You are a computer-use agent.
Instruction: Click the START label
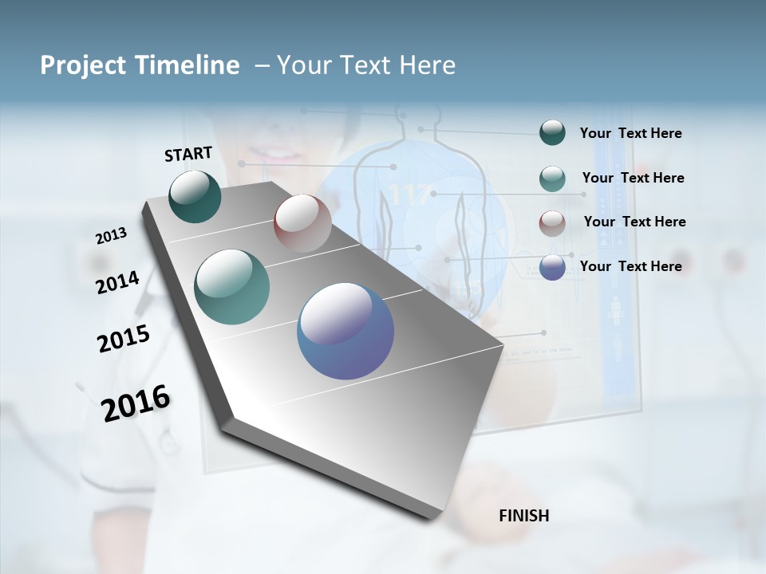188,154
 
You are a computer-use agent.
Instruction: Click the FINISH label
523,516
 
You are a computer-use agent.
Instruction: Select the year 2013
111,235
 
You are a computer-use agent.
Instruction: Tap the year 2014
117,282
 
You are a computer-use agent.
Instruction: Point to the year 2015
124,338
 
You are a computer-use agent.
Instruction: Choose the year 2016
136,403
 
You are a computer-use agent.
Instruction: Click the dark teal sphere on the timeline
195,197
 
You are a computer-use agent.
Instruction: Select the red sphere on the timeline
302,223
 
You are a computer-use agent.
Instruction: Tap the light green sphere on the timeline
232,287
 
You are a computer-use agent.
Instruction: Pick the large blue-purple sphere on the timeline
345,331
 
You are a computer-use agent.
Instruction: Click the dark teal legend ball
552,132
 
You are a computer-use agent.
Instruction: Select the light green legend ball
552,179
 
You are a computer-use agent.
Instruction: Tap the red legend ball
552,223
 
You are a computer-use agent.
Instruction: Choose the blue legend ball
552,267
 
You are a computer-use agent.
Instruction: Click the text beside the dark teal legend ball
630,133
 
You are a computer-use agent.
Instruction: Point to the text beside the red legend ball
634,222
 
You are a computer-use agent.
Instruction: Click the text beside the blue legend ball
630,266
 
